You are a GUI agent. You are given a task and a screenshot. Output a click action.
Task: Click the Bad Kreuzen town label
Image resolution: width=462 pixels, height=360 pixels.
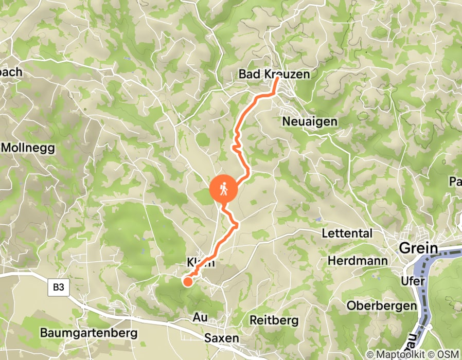pyautogui.click(x=274, y=75)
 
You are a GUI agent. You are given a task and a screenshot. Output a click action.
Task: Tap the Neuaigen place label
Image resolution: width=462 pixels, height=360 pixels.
pyautogui.click(x=310, y=121)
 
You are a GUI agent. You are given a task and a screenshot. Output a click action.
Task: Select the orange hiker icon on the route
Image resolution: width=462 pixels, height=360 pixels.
pyautogui.click(x=224, y=190)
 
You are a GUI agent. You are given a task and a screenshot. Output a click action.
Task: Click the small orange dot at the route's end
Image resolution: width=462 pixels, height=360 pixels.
pyautogui.click(x=188, y=281)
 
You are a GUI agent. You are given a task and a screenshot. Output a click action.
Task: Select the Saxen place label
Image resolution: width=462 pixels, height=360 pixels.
pyautogui.click(x=222, y=338)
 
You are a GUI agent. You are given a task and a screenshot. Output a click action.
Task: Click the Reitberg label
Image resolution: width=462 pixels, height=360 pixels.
pyautogui.click(x=274, y=320)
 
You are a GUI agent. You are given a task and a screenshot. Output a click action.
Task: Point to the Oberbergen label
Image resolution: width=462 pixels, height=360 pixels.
pyautogui.click(x=381, y=305)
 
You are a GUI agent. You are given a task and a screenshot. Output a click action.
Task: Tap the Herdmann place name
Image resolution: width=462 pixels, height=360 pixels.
pyautogui.click(x=358, y=261)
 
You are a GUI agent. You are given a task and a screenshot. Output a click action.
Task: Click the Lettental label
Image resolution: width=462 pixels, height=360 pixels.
pyautogui.click(x=347, y=233)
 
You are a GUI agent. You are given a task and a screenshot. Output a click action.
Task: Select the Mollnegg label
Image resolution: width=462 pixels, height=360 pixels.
pyautogui.click(x=28, y=147)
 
